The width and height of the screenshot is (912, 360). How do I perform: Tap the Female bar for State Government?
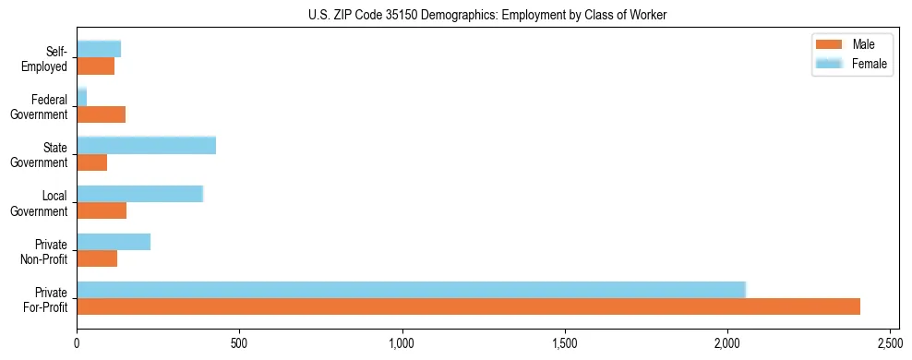pos(146,145)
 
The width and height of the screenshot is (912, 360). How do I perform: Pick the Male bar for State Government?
pos(91,162)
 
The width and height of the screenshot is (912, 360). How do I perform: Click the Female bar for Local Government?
pos(139,194)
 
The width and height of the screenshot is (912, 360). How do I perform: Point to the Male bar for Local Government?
pos(102,210)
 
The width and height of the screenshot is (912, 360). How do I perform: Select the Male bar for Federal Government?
pos(101,114)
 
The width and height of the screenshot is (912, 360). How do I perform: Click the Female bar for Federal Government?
pos(81,97)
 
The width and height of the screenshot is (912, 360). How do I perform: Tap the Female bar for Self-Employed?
pos(99,49)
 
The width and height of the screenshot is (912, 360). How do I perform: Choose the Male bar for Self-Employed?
pos(95,66)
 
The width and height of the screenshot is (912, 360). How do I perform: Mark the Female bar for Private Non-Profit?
pos(114,242)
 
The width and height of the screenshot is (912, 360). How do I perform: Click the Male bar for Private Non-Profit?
pos(97,258)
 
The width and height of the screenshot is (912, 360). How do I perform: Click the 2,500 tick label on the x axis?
pos(890,342)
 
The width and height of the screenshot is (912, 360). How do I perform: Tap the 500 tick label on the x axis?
pos(239,342)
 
